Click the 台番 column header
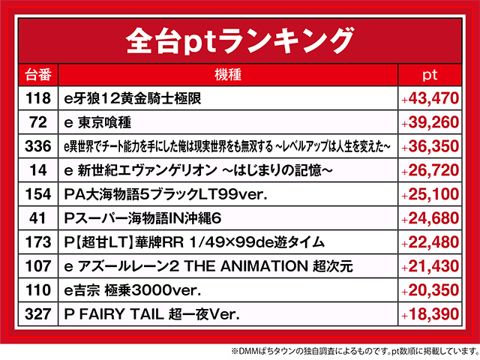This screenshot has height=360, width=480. (37, 75)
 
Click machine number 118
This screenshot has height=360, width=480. (37, 98)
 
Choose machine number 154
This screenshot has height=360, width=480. (37, 194)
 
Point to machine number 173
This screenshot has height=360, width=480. (37, 242)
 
